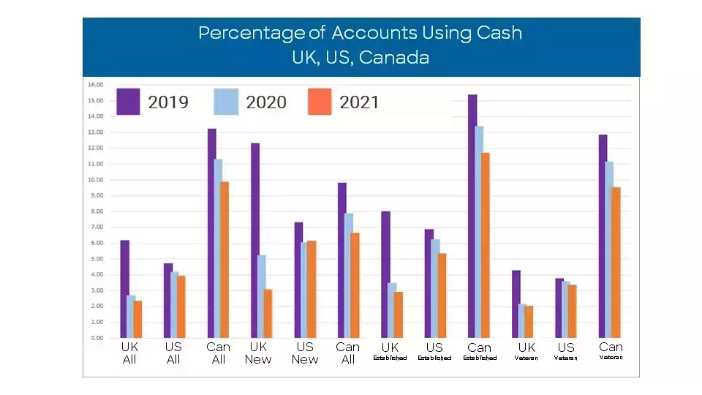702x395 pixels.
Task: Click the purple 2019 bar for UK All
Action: click(x=125, y=289)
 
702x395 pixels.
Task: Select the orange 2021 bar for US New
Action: click(x=312, y=289)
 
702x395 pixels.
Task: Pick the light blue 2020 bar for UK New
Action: click(x=262, y=296)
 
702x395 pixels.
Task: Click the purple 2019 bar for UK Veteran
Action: click(x=516, y=304)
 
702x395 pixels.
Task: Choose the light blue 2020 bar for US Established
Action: click(x=436, y=288)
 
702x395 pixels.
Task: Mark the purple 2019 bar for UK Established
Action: click(x=385, y=274)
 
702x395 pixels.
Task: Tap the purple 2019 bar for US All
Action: click(x=168, y=301)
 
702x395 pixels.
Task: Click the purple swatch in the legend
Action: click(x=128, y=102)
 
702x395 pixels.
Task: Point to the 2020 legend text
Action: click(x=266, y=102)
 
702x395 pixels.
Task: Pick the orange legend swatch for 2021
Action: click(x=320, y=102)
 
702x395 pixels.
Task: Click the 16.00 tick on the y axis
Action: click(x=96, y=84)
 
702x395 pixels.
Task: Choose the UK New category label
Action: click(x=258, y=353)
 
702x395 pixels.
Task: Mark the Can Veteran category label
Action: click(x=611, y=351)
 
